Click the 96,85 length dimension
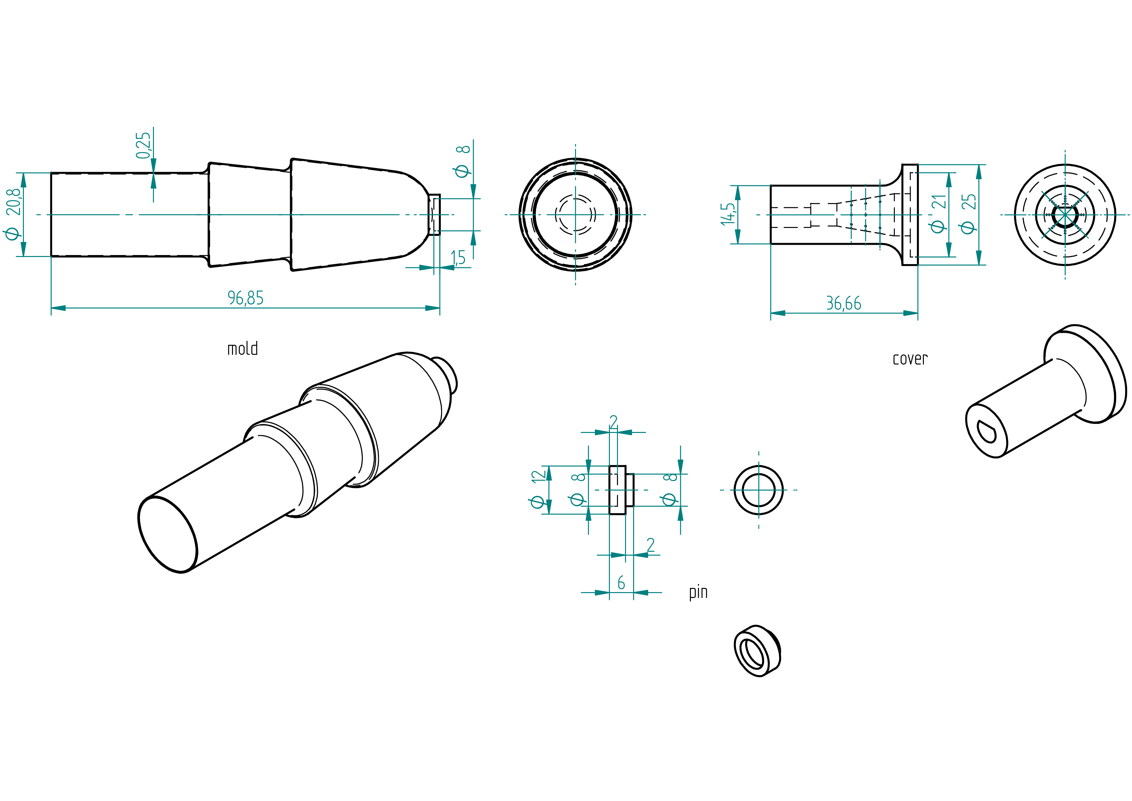[x=246, y=298]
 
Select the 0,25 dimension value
[x=143, y=145]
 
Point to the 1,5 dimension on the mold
[x=458, y=257]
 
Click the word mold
[x=243, y=348]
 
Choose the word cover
[x=910, y=359]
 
